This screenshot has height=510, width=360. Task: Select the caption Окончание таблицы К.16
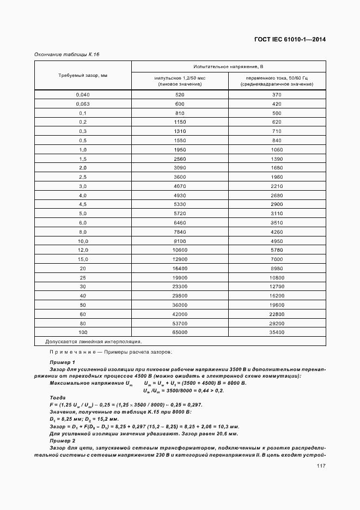click(x=67, y=54)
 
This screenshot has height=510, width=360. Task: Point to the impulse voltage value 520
click(x=180, y=95)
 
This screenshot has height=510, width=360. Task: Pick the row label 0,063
click(x=83, y=104)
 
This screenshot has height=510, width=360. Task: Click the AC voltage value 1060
click(x=277, y=149)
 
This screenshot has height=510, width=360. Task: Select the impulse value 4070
click(x=180, y=186)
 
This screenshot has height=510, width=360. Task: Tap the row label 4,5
click(x=83, y=204)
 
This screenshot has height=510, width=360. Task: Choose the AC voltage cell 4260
click(x=277, y=232)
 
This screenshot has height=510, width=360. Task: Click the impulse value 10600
click(x=180, y=250)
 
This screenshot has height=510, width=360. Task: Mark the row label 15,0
click(x=83, y=259)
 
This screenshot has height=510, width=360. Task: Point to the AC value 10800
click(x=277, y=277)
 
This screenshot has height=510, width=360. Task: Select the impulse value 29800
click(x=180, y=295)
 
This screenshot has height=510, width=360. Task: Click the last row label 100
click(x=83, y=332)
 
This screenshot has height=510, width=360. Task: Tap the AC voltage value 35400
click(x=277, y=332)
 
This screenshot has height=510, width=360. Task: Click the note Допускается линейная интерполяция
click(x=94, y=342)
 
